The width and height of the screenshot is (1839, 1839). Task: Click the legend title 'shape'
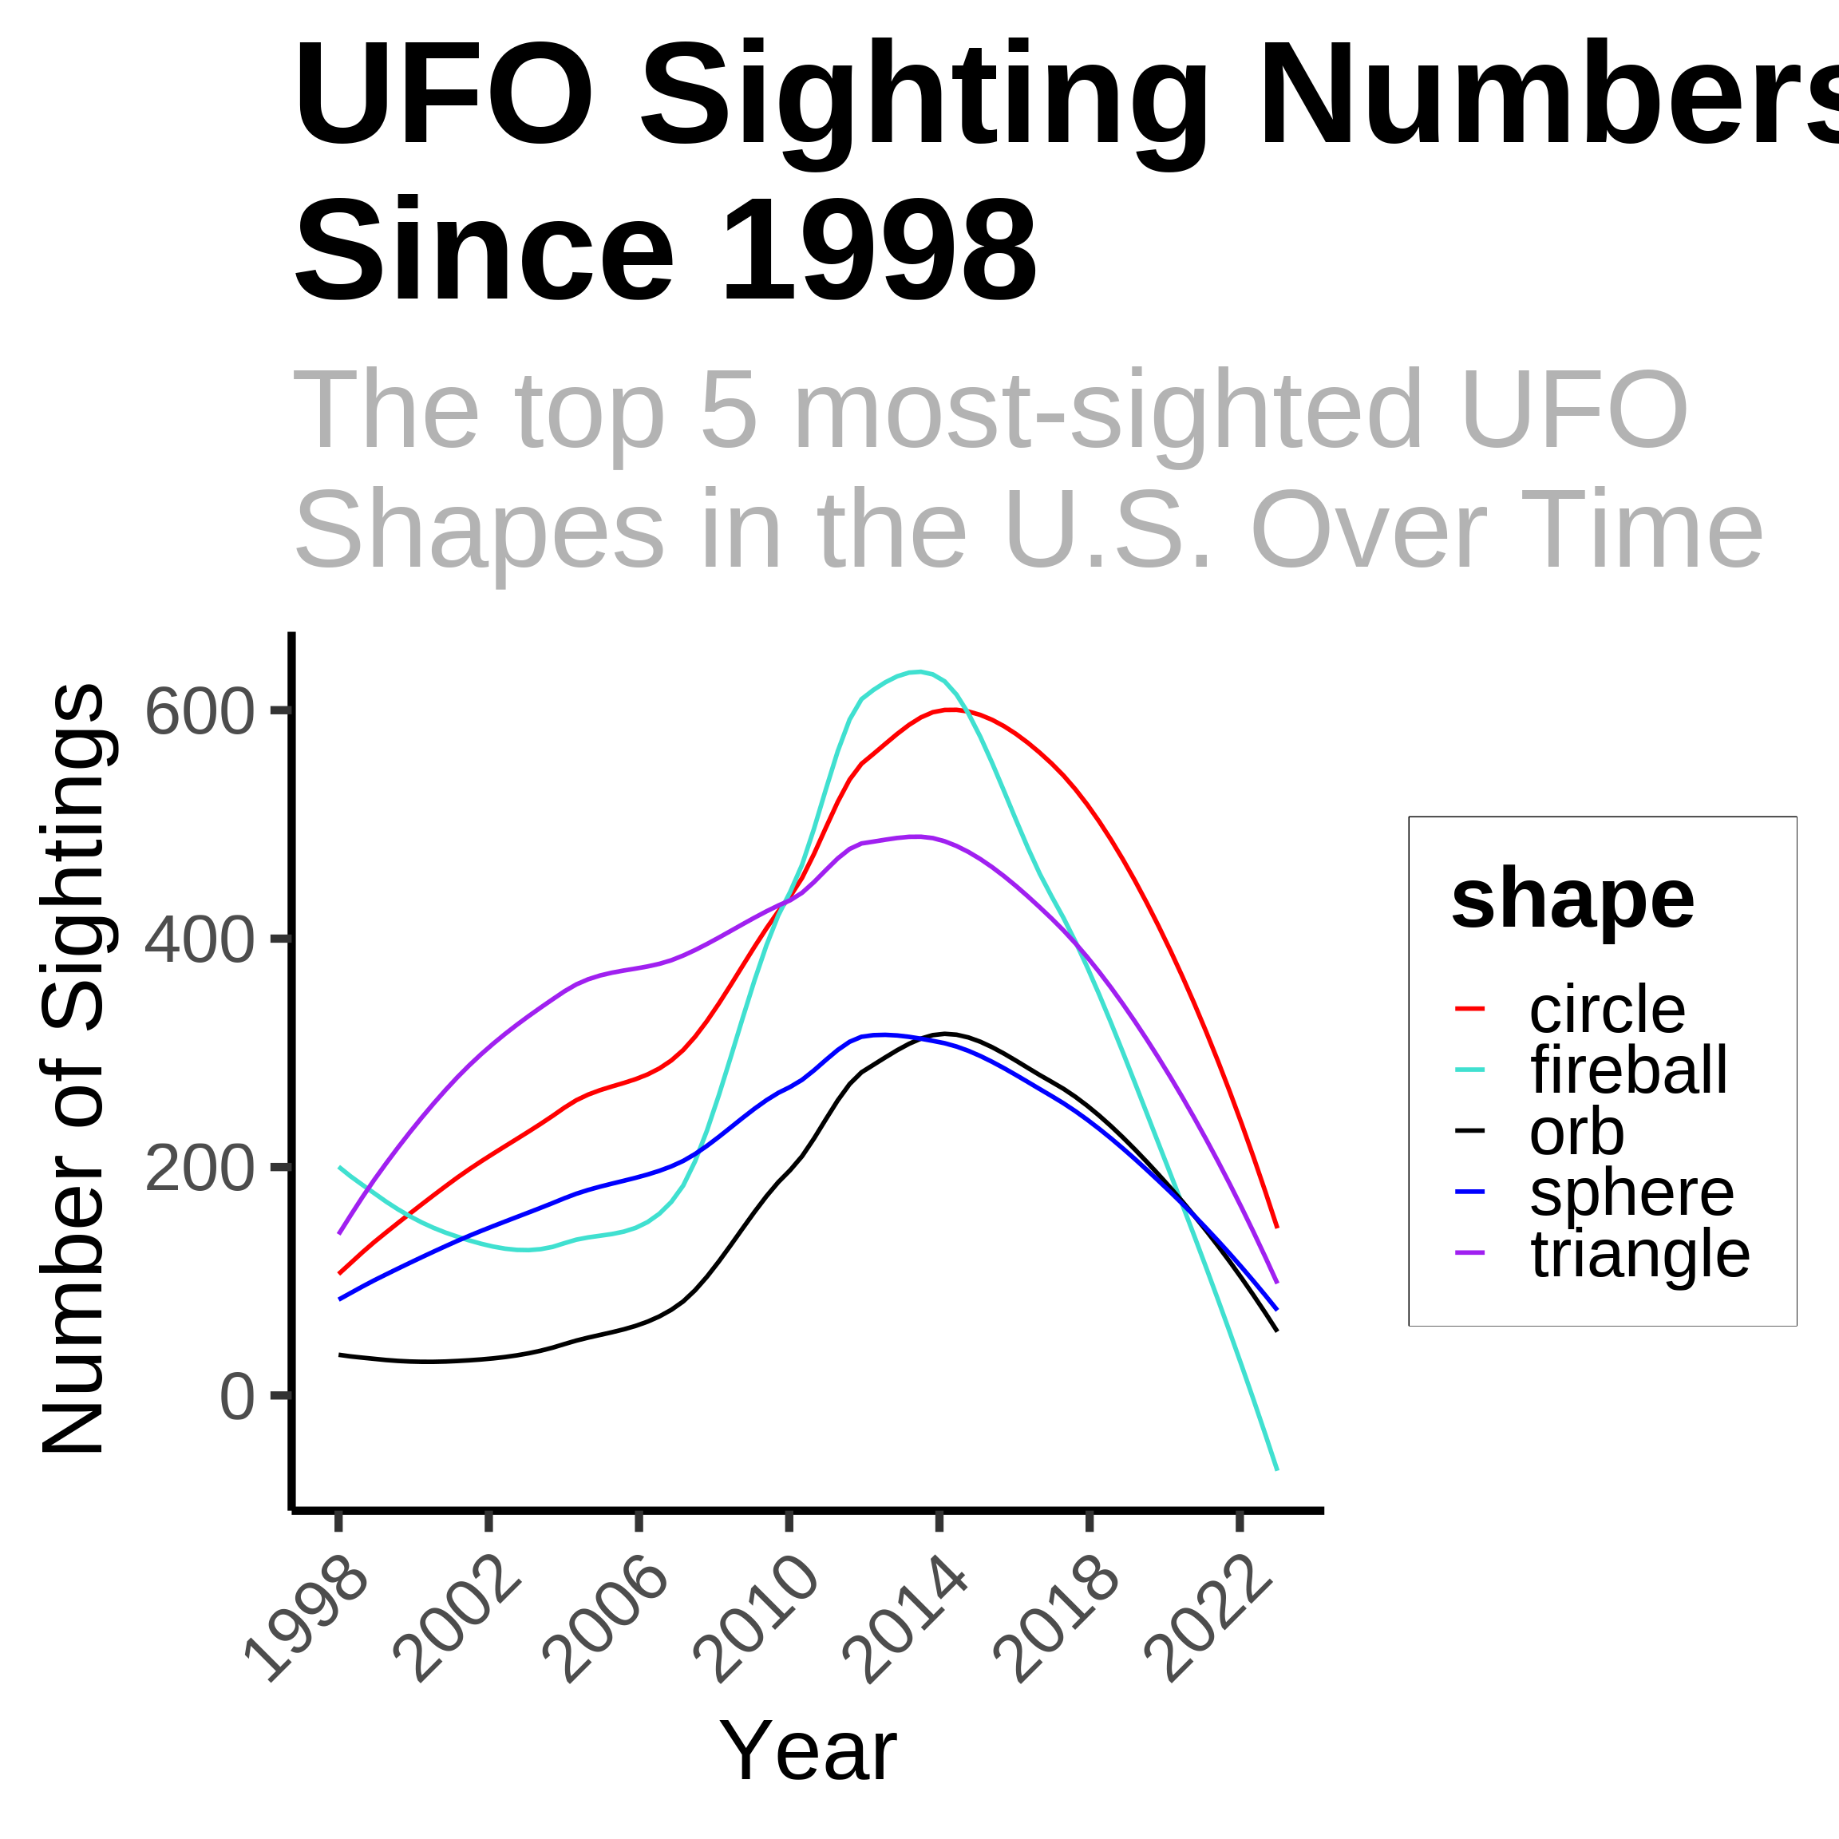[x=1572, y=900]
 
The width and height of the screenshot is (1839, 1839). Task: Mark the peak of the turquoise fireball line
[x=916, y=672]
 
